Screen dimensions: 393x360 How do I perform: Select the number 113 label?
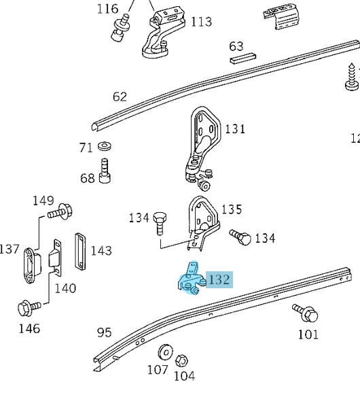(201, 22)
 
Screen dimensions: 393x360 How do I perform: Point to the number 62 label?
(120, 97)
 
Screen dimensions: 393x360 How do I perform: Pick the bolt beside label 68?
(105, 170)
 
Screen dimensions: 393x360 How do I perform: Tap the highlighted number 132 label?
(219, 279)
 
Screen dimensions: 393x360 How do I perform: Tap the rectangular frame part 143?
(80, 251)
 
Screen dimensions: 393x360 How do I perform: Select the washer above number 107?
(164, 354)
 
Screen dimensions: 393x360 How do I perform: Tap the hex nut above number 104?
(181, 360)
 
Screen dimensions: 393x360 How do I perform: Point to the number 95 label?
(104, 332)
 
